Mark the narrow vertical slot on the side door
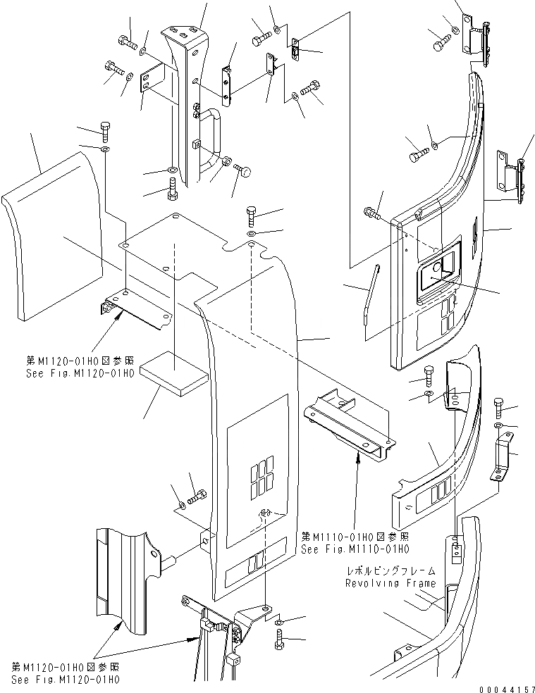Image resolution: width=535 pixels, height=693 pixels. click(x=473, y=235)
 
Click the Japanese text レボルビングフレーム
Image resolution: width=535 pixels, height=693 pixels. click(x=391, y=571)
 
